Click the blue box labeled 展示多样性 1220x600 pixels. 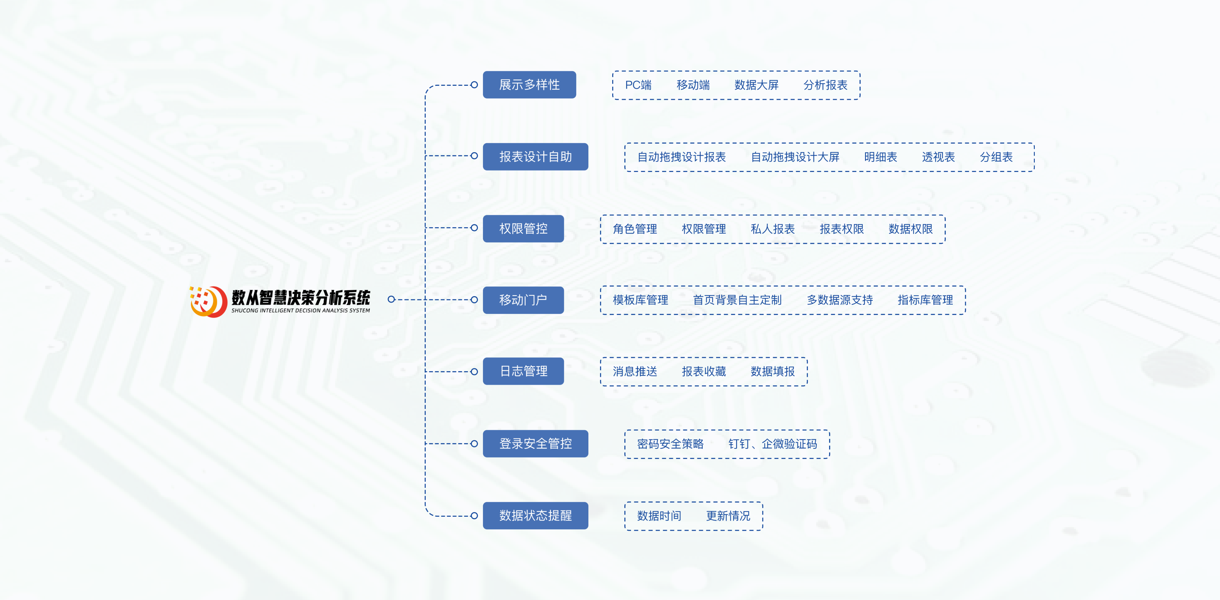529,85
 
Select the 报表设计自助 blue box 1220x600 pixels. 535,157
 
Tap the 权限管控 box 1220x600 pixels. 523,229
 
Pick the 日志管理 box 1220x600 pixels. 523,371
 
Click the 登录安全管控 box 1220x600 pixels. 535,444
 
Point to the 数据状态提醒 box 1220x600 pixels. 535,516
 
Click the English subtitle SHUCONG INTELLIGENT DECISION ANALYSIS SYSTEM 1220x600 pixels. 300,311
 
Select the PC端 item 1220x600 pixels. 638,85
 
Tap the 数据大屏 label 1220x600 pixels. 756,85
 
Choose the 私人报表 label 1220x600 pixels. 772,229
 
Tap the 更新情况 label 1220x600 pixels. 728,516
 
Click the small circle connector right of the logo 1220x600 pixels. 391,299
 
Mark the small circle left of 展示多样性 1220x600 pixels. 474,85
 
